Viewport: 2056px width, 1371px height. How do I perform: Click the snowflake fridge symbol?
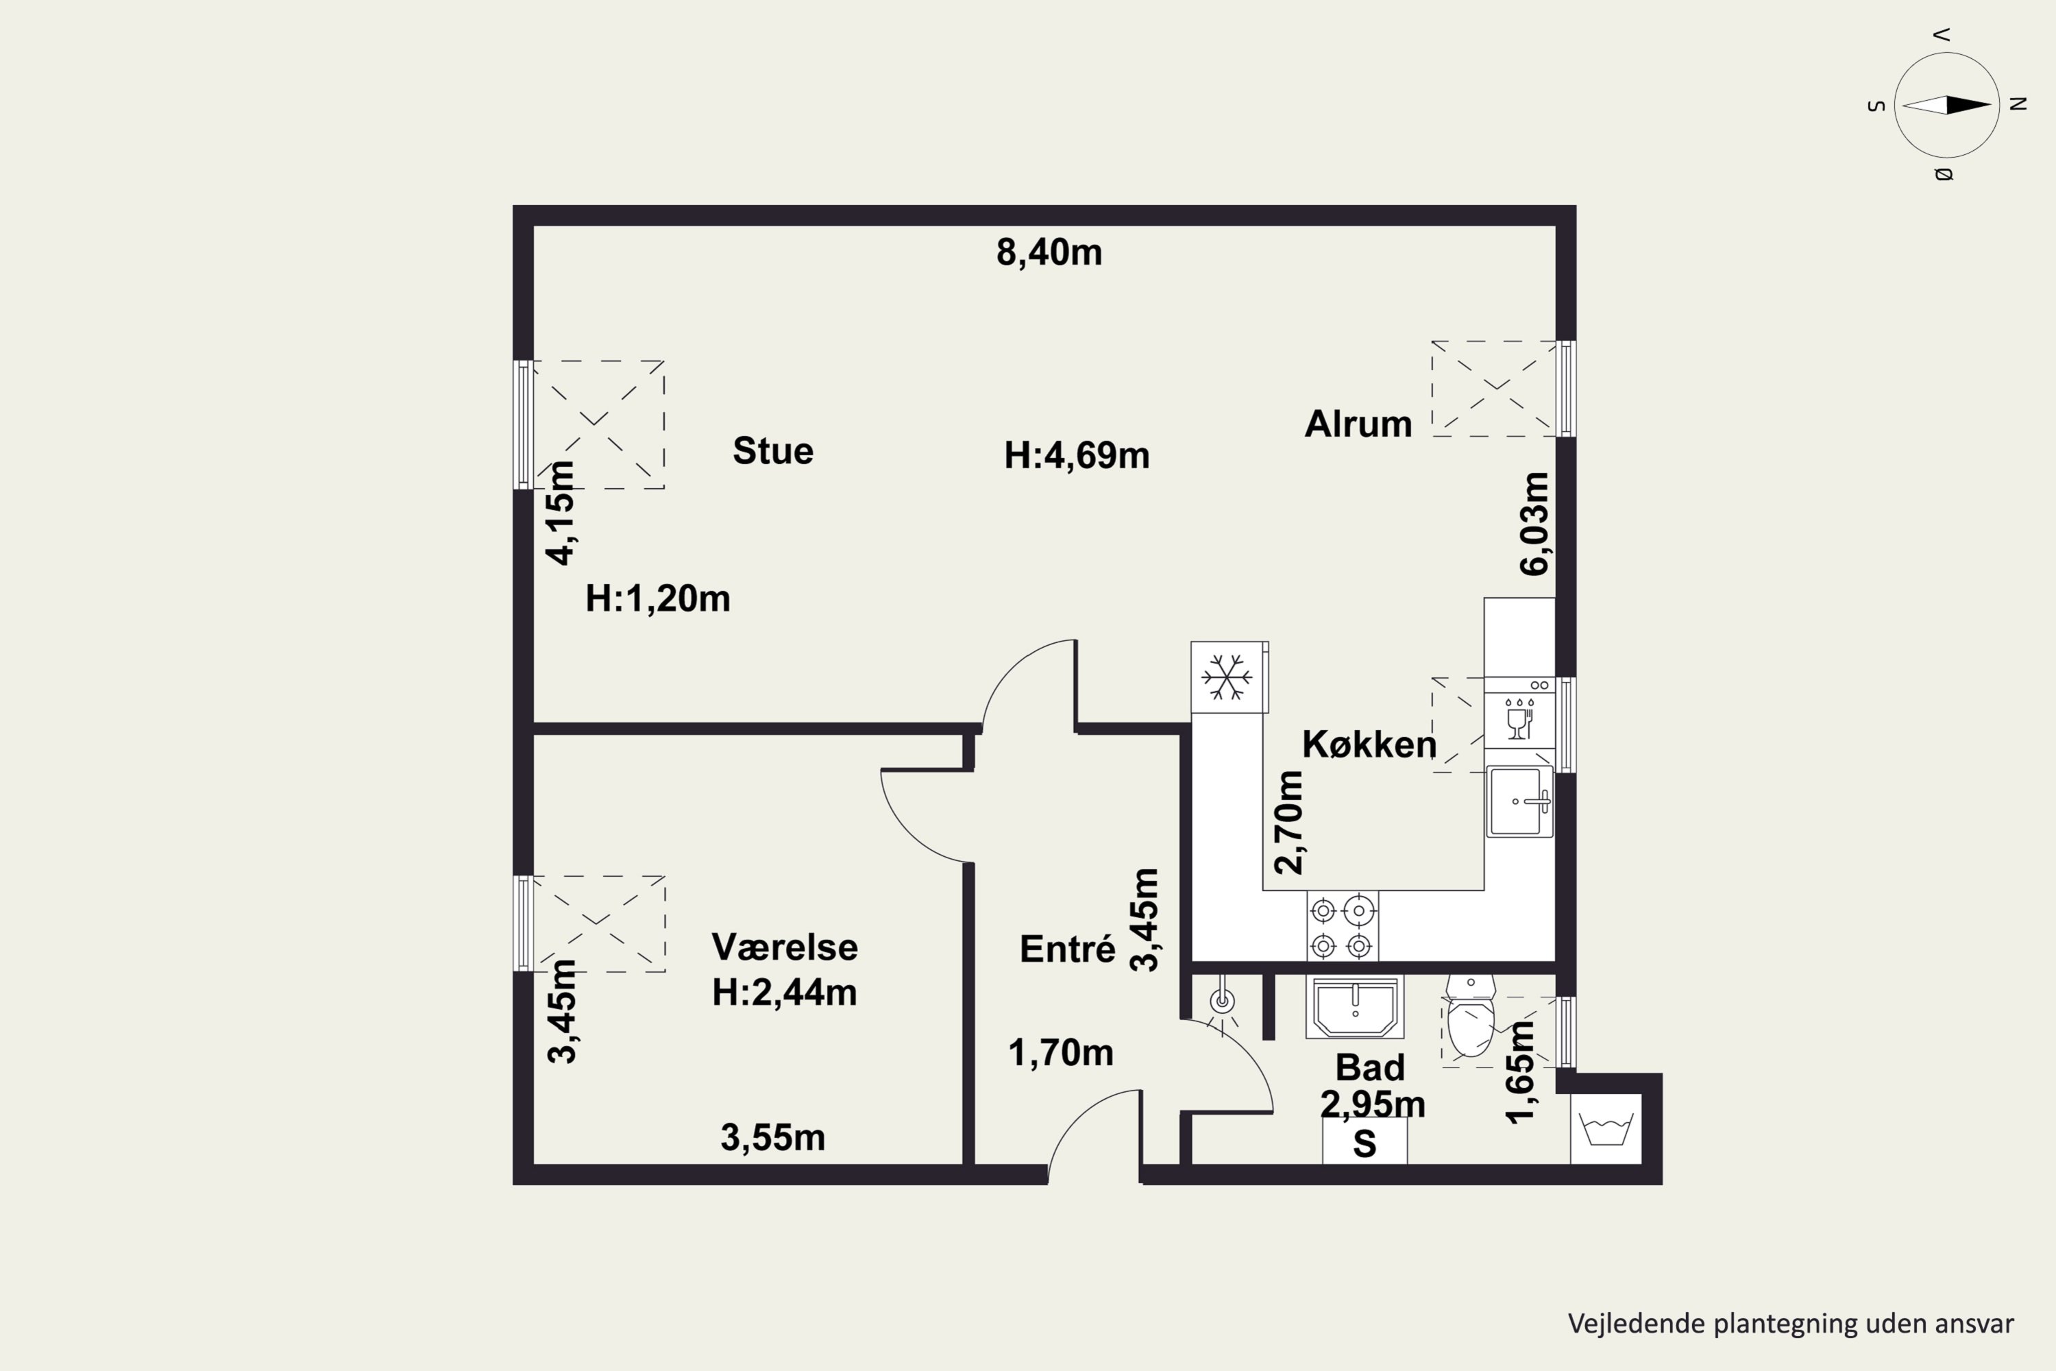(x=1228, y=677)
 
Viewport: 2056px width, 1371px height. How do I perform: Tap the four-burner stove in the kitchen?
(x=1342, y=927)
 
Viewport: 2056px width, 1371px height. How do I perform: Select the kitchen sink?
(x=1519, y=801)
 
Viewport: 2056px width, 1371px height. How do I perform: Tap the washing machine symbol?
(x=1606, y=1129)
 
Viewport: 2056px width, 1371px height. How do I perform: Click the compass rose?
(x=1947, y=105)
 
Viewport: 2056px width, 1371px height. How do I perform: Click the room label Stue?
(x=773, y=451)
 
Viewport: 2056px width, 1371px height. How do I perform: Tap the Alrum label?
(x=1358, y=424)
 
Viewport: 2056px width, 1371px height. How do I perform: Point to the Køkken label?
(x=1369, y=744)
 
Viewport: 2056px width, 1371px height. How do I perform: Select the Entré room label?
(x=1067, y=949)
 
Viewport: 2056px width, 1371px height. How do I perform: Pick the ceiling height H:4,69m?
(x=1076, y=456)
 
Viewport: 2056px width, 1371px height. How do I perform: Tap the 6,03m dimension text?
(x=1535, y=523)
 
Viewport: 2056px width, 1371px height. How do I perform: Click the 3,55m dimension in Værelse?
(x=773, y=1137)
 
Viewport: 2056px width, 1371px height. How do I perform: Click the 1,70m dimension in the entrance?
(x=1060, y=1053)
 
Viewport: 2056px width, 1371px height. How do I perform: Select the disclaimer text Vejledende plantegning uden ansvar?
(x=1791, y=1323)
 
